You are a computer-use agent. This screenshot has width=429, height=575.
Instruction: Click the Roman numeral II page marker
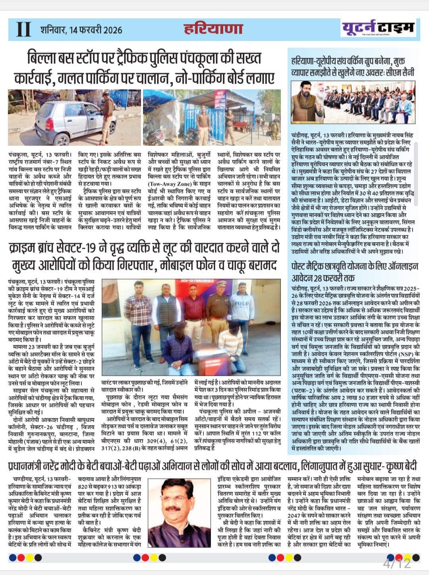tap(23, 29)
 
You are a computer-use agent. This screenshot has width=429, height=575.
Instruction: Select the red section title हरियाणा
tap(213, 29)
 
